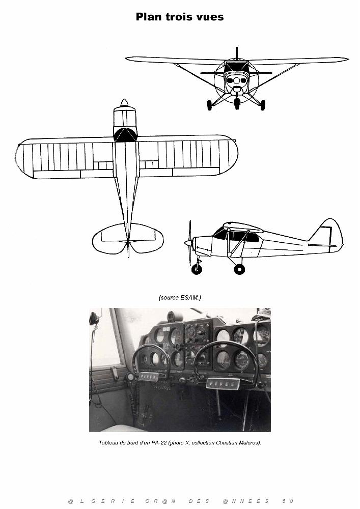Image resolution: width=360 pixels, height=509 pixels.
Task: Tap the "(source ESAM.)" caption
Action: pos(180,297)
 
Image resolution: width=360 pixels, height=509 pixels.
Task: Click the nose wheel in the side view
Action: pos(197,269)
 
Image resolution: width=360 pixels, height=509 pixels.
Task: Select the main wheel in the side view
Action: pos(239,269)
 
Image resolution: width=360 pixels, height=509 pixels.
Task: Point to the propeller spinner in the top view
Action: pos(124,103)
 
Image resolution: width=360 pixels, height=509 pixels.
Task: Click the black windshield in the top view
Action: pos(125,135)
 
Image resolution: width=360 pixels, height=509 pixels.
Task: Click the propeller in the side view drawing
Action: pos(189,243)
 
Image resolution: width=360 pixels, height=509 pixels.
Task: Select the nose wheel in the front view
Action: pos(237,103)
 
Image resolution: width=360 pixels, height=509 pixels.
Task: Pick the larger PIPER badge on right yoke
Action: pos(223,383)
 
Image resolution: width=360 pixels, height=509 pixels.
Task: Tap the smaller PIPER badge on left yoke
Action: pos(149,377)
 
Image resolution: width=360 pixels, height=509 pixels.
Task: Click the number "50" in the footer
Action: pos(288,501)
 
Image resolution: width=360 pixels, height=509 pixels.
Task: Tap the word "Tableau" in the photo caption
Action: pos(107,443)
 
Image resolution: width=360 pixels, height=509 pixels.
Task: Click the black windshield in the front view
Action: pos(237,68)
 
